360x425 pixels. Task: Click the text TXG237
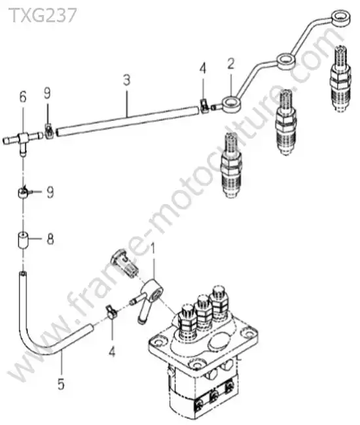(43, 15)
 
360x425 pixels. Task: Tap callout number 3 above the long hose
(127, 80)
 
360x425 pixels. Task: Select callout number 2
(230, 63)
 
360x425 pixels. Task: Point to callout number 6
(23, 97)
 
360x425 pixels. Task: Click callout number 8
(50, 239)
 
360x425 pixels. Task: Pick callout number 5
(61, 384)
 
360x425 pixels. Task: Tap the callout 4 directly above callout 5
(112, 352)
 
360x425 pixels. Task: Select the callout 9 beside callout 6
(47, 93)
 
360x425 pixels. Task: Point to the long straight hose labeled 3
(127, 121)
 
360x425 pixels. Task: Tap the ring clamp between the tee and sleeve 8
(22, 194)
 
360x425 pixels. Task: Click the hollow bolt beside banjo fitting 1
(125, 262)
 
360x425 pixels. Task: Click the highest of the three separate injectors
(341, 78)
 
